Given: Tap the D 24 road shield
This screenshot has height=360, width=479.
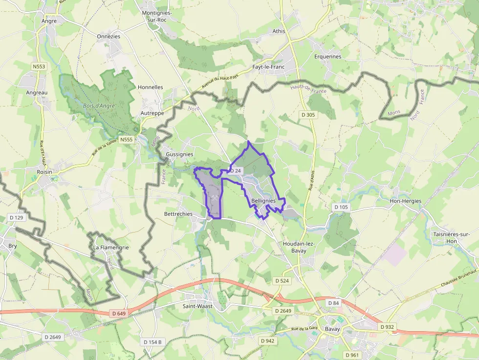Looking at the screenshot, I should point(236,170).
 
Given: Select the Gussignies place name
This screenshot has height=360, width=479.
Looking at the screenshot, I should point(179,154).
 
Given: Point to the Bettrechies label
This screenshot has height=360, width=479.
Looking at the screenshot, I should point(178,214).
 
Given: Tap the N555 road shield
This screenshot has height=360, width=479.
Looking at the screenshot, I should point(126,140).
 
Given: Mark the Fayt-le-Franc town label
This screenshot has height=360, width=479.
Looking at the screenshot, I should point(268,67).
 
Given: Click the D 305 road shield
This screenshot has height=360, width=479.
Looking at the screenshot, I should point(307,114).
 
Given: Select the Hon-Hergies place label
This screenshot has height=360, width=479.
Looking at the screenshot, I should point(405,201).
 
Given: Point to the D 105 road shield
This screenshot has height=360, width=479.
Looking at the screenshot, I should point(341,207).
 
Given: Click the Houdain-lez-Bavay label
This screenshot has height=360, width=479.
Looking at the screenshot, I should point(295,247).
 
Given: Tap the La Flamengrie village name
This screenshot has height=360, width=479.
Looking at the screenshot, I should point(111,247).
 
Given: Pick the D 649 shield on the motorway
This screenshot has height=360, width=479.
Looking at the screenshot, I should point(119,313).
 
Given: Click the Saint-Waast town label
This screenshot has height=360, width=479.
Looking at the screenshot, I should point(196,306).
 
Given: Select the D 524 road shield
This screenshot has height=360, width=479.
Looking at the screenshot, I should point(282,281).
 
